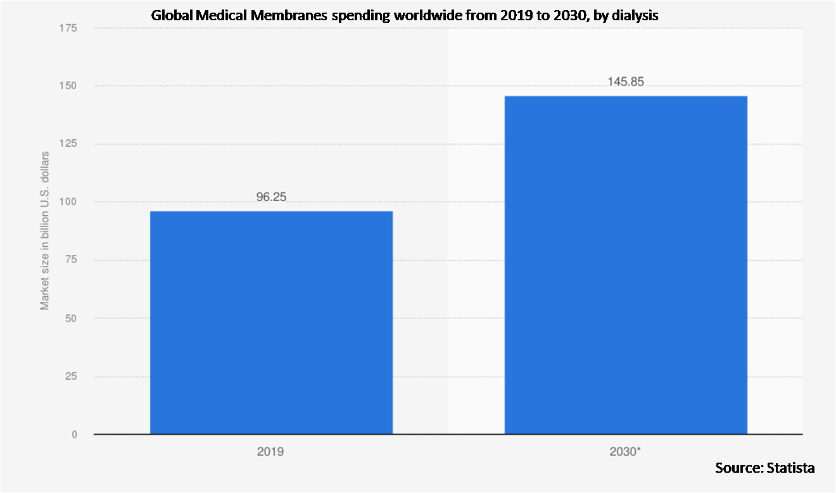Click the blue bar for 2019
point(271,323)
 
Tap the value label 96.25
point(271,197)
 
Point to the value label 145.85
point(626,82)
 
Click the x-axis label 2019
point(270,452)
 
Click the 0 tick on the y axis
point(74,435)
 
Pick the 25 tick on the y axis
point(71,377)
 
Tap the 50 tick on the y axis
point(71,318)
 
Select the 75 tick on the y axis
point(71,260)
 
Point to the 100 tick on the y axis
point(68,202)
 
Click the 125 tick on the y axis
point(68,144)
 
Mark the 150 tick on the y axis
point(68,85)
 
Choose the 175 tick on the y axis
point(68,28)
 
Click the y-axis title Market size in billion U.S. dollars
point(45,231)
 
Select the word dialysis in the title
point(636,15)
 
